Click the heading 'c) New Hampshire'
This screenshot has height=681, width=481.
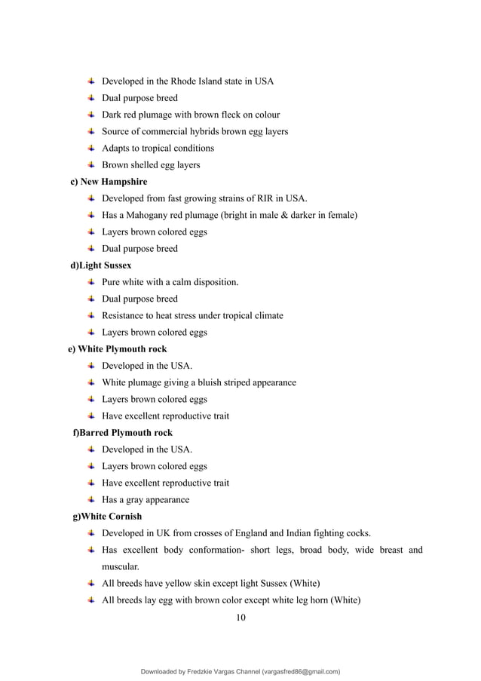(109, 182)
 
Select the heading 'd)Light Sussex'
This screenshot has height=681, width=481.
(100, 265)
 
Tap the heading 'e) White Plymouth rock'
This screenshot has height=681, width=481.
(117, 349)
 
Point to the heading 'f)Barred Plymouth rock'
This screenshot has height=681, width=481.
(122, 433)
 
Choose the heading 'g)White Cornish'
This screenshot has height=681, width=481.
(107, 517)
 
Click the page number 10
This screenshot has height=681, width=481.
(240, 618)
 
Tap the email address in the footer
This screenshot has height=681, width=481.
(301, 670)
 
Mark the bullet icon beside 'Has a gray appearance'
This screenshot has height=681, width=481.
(90, 499)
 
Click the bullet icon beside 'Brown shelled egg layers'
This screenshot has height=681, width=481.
(90, 165)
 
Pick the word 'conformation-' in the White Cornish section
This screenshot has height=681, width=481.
(213, 550)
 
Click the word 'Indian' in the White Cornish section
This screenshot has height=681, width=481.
(302, 533)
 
